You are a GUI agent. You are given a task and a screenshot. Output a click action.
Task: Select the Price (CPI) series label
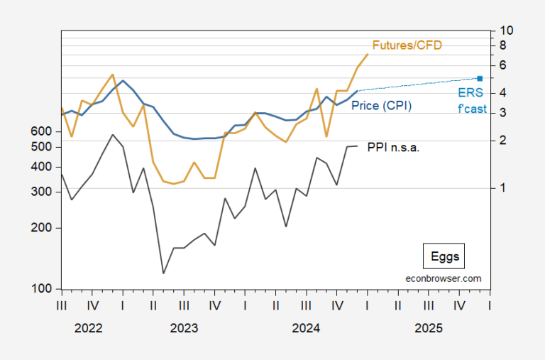coord(381,105)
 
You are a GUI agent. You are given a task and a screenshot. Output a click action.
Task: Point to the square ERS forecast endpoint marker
coord(480,78)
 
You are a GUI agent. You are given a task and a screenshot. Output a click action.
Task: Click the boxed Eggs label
coord(445,256)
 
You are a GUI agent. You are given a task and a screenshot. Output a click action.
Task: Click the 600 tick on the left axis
coord(41,131)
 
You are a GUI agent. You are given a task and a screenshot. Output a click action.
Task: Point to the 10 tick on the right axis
coord(506,31)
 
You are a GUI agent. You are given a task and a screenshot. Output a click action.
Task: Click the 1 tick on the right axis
coord(502,188)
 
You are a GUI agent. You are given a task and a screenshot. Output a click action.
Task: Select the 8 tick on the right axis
coord(502,45)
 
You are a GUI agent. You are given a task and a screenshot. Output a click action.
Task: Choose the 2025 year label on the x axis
coord(429,328)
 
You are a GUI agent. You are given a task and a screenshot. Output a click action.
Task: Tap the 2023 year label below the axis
coord(183,328)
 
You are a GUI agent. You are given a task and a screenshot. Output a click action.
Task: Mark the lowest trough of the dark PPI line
coord(164,273)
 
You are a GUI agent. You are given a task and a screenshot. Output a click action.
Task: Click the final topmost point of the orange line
coord(368,54)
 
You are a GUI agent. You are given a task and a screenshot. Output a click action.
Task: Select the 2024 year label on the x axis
coord(306,328)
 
